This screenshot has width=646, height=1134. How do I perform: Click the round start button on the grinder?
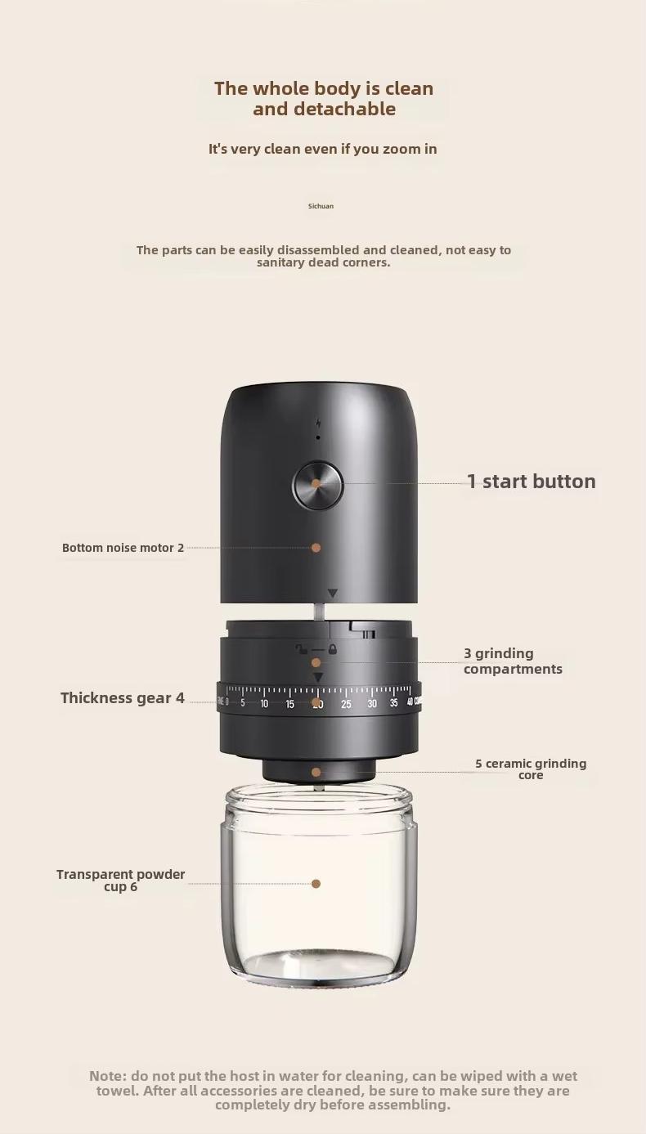click(x=317, y=483)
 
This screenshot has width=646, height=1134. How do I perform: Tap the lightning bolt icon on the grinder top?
click(x=318, y=424)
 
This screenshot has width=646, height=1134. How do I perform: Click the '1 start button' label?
click(x=531, y=482)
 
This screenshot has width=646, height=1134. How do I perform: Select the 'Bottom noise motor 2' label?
click(x=123, y=548)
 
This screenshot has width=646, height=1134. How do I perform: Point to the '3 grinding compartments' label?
click(x=513, y=661)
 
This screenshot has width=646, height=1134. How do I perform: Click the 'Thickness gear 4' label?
click(x=123, y=698)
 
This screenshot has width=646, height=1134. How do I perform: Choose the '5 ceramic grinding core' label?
click(x=531, y=769)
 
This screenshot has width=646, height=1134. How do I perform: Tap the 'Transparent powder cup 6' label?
click(x=121, y=881)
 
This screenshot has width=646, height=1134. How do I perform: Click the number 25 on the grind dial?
click(x=346, y=704)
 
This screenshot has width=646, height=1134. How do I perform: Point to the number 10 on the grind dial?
click(x=264, y=704)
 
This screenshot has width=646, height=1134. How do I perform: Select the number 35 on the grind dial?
click(x=394, y=703)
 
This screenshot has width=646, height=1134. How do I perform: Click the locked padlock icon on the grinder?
click(x=333, y=650)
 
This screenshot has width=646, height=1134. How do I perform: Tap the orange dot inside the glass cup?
click(x=316, y=884)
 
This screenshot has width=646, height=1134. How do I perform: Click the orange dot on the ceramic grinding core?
click(x=316, y=772)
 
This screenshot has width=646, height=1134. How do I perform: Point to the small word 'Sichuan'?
click(x=321, y=206)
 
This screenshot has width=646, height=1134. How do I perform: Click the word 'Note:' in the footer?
click(x=108, y=1076)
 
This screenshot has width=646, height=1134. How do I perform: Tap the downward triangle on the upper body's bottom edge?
click(x=332, y=594)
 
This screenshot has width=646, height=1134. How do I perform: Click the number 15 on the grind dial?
click(x=289, y=704)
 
